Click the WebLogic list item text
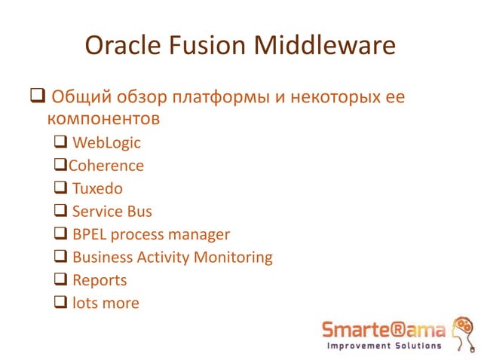coord(106,142)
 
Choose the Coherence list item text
coord(106,165)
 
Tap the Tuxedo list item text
coord(97,188)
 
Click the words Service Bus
coord(112,211)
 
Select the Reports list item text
coord(100,280)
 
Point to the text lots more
coord(106,303)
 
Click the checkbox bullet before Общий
coord(37,98)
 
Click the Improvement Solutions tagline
coord(383,346)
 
